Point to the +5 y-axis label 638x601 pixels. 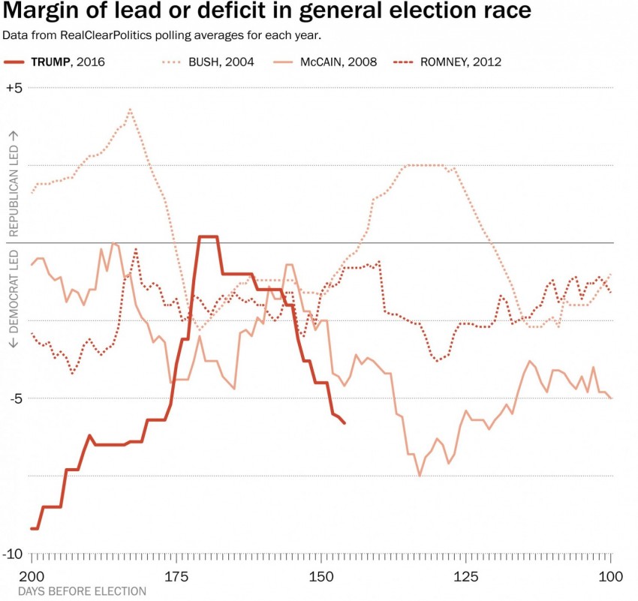pos(14,88)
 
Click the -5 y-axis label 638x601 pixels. pos(14,398)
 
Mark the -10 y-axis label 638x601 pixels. pos(14,554)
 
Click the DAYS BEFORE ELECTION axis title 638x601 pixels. pos(83,591)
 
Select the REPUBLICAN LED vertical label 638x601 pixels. pos(13,184)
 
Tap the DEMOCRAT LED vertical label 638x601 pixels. pos(13,300)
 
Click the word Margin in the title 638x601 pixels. pos(44,12)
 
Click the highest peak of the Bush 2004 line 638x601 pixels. pos(131,110)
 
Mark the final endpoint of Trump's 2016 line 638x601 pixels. pos(345,423)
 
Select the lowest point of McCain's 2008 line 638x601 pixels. pos(420,476)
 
